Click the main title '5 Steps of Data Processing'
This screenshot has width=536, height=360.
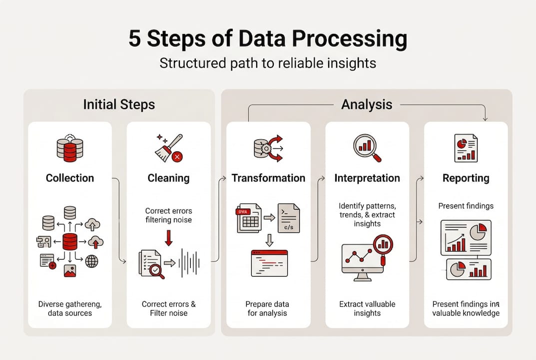268,39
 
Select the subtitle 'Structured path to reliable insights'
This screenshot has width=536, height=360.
268,63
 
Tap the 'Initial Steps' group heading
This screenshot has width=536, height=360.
119,104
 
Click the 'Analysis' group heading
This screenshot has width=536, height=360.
366,104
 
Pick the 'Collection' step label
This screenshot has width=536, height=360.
70,178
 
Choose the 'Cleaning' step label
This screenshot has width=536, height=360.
168,178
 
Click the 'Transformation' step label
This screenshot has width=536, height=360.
268,178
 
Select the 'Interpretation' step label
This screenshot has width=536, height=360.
367,178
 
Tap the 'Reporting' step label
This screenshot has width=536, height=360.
466,178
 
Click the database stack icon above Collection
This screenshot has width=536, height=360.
70,148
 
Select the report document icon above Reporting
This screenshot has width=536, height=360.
466,148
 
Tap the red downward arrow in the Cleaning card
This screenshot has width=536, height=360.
168,236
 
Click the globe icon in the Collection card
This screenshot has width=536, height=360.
91,261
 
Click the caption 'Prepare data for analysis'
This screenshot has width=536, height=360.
267,308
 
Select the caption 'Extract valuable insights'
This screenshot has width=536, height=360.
367,308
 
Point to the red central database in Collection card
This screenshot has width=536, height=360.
70,241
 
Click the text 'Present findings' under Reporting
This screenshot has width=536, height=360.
466,205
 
